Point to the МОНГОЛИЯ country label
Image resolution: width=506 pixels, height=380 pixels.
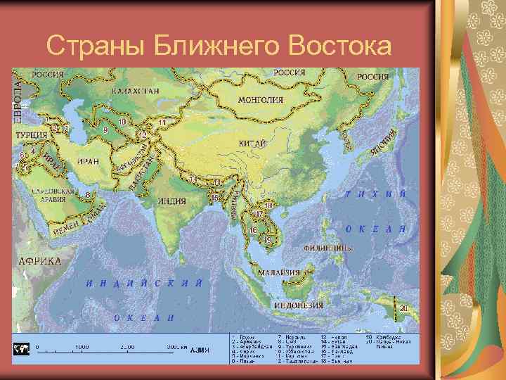[x=260, y=100]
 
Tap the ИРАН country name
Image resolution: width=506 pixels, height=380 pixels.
[x=89, y=161]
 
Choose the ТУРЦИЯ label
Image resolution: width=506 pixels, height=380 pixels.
[x=31, y=134]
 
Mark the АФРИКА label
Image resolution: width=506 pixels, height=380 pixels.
[x=39, y=260]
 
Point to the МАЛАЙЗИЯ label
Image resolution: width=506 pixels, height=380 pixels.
[x=280, y=272]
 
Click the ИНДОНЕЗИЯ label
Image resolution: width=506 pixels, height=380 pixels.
[x=297, y=305]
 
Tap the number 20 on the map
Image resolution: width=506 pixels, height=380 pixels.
[x=403, y=308]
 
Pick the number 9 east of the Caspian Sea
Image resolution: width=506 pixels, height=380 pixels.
[x=105, y=129]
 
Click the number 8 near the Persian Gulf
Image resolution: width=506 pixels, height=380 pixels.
[x=87, y=194]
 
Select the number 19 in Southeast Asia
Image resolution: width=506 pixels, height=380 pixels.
[x=267, y=240]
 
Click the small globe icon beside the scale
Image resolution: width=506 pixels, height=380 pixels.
[x=21, y=349]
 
